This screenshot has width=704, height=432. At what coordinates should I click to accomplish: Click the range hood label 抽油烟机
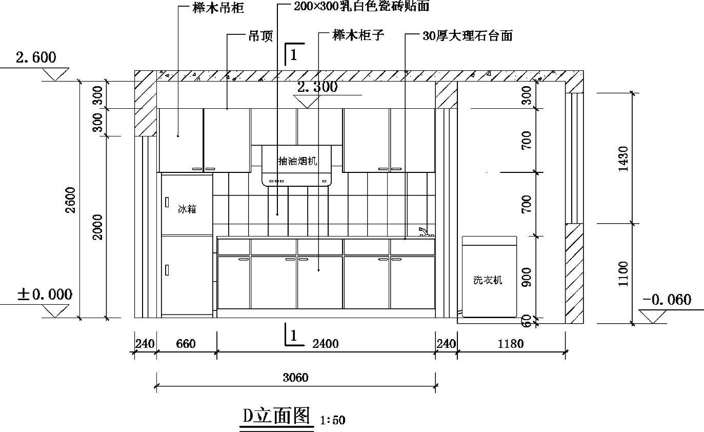pos(297,161)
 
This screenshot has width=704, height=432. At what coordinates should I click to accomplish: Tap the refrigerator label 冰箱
pos(187,209)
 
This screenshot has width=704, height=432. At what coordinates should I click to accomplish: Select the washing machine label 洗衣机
pos(488,280)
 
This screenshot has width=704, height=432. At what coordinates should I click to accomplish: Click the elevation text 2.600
pos(36,57)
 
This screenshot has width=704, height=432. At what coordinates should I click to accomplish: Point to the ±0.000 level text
pos(45,294)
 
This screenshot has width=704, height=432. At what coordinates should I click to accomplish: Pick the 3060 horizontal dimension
pos(295,378)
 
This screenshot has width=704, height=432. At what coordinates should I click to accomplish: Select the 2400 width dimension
pos(326,344)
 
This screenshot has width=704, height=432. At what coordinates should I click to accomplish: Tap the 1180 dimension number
pos(511,344)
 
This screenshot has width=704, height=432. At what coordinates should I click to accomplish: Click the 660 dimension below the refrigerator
pos(186,344)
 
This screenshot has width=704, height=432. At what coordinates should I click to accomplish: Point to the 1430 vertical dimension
pos(623,159)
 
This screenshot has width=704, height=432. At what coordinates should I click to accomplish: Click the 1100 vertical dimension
pos(623,273)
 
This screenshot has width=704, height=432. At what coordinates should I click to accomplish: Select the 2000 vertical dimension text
pos(98,226)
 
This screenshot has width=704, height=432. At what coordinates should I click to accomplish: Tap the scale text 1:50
pos(332,421)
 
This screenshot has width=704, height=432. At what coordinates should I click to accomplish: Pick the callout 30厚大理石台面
pos(467,36)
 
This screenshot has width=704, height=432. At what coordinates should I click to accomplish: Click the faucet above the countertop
pos(424,232)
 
